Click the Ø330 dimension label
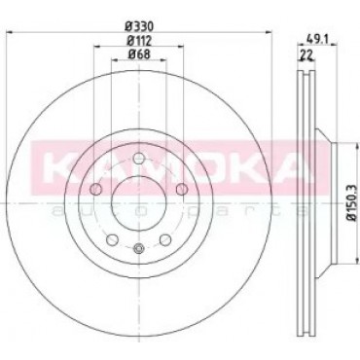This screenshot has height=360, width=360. (139, 25)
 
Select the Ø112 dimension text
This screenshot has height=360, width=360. (139, 41)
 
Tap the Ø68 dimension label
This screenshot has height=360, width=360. (139, 54)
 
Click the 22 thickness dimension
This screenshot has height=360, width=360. (306, 54)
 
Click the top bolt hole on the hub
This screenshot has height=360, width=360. (139, 159)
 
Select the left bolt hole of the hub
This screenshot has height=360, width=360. (95, 189)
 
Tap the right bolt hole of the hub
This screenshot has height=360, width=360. (182, 189)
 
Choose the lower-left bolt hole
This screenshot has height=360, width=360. (112, 239)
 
